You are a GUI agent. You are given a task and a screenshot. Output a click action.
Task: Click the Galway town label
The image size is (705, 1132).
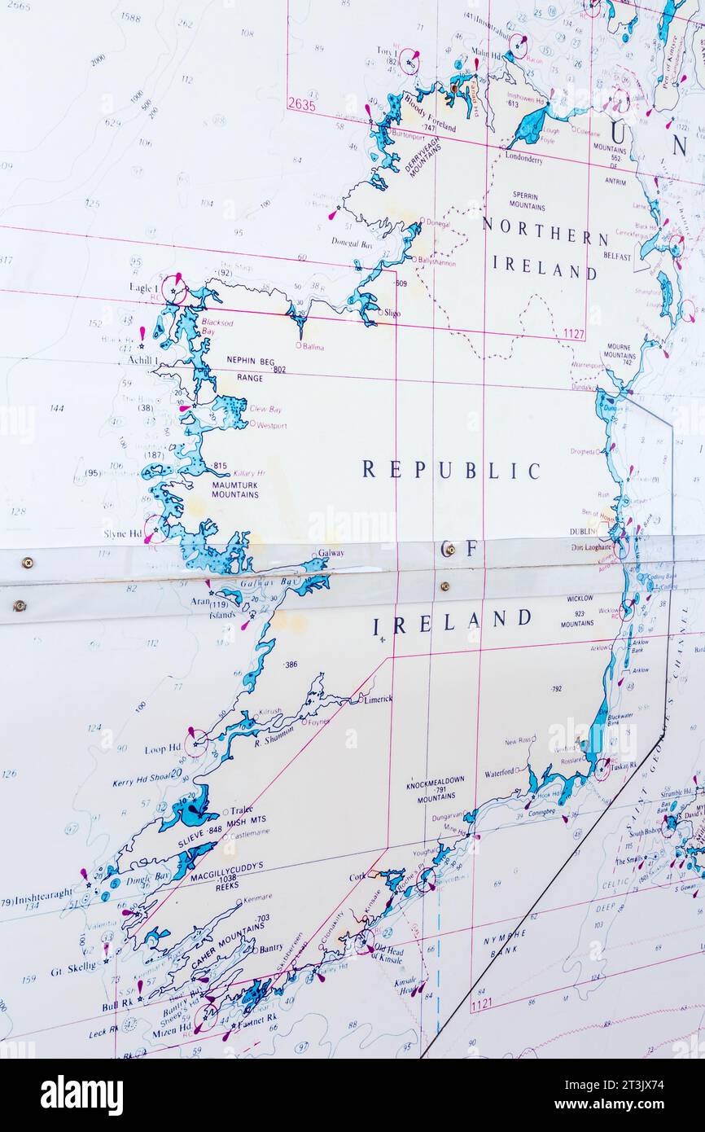coord(331,552)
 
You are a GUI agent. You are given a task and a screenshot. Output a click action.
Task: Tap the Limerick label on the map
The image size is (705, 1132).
coord(378,699)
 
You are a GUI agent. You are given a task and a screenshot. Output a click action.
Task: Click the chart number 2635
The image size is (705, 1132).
coord(301,104)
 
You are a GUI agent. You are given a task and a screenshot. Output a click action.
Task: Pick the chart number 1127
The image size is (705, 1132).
coord(573,333)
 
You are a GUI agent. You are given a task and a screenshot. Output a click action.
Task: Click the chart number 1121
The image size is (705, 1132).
coord(481,1004)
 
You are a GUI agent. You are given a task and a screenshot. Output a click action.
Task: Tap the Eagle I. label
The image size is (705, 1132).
coord(143,287)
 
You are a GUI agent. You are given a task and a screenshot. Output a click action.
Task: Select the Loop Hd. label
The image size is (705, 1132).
coord(163,748)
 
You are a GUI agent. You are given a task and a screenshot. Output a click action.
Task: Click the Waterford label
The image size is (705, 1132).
coord(501,772)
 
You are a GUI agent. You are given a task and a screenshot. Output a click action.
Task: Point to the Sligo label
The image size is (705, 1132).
coord(392,313)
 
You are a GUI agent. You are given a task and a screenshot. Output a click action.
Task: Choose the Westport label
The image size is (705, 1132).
coord(271,425)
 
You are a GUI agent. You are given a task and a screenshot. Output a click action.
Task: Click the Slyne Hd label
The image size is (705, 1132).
coord(123,533)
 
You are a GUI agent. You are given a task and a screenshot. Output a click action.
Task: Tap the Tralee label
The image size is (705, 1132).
coord(241,810)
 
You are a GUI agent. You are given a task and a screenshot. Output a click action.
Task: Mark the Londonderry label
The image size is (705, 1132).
coord(523,158)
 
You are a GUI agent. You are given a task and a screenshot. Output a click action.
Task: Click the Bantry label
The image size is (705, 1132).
coord(271,949)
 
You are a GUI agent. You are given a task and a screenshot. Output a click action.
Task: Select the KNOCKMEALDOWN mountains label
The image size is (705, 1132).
coord(436,779)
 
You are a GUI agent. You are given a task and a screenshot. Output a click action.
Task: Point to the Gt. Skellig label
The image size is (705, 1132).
coord(73,971)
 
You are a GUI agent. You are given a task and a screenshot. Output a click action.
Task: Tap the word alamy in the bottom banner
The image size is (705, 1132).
coord(81,1095)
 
